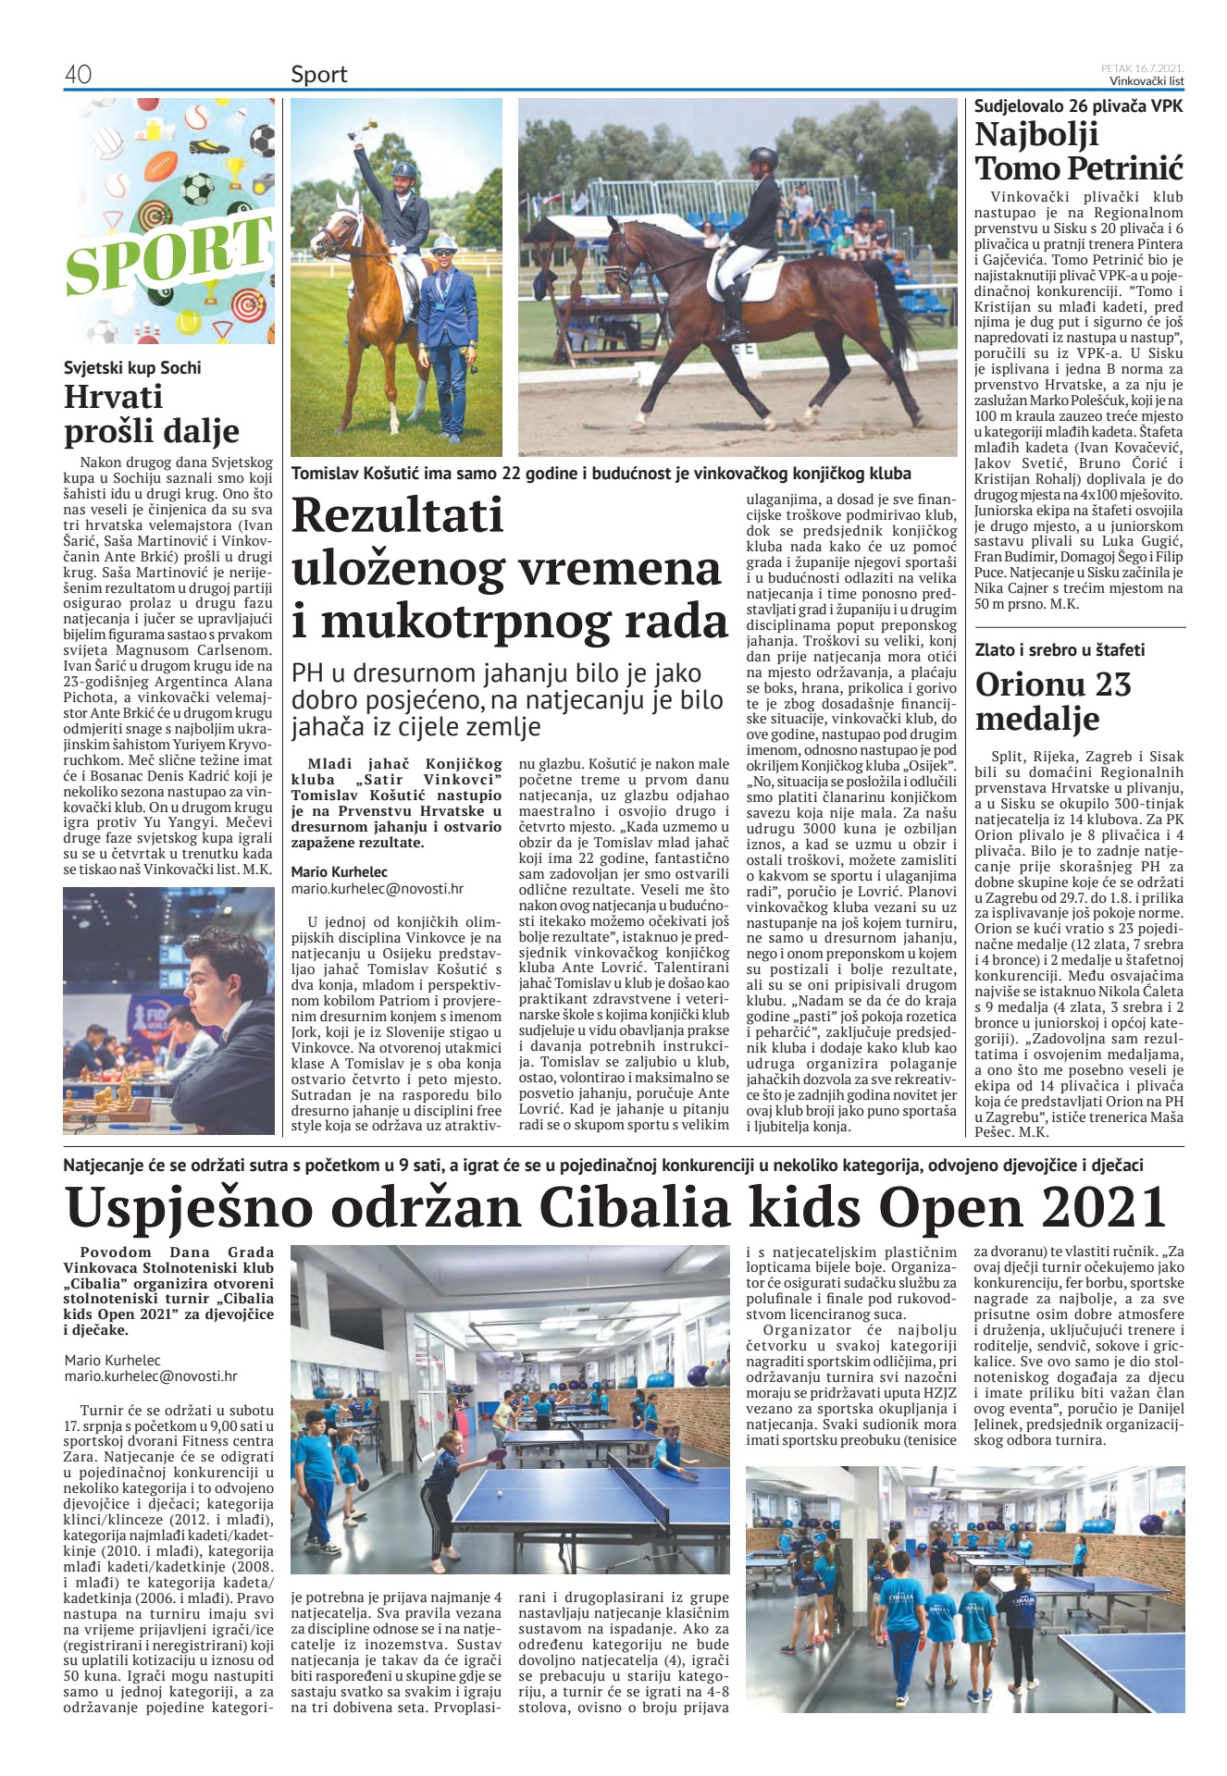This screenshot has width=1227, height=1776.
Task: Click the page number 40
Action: [x=78, y=75]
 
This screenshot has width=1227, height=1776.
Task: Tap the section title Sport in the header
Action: [x=318, y=75]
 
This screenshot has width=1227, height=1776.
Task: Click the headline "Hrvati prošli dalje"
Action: [x=151, y=413]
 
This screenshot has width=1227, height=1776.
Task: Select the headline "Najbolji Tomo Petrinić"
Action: [x=1078, y=151]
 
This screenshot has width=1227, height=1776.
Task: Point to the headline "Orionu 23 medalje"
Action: [x=1052, y=701]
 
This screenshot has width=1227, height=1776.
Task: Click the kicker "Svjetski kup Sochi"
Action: [x=132, y=367]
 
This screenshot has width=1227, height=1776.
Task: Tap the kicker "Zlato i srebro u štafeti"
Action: [x=1060, y=650]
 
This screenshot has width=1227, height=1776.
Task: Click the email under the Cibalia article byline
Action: [x=150, y=1376]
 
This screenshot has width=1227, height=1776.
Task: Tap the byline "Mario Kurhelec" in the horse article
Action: [x=339, y=871]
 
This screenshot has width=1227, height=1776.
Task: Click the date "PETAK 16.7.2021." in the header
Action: [x=1142, y=68]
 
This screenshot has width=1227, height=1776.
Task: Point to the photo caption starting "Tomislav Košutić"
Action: [x=601, y=474]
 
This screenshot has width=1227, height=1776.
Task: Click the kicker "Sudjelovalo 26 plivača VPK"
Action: [x=1078, y=105]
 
